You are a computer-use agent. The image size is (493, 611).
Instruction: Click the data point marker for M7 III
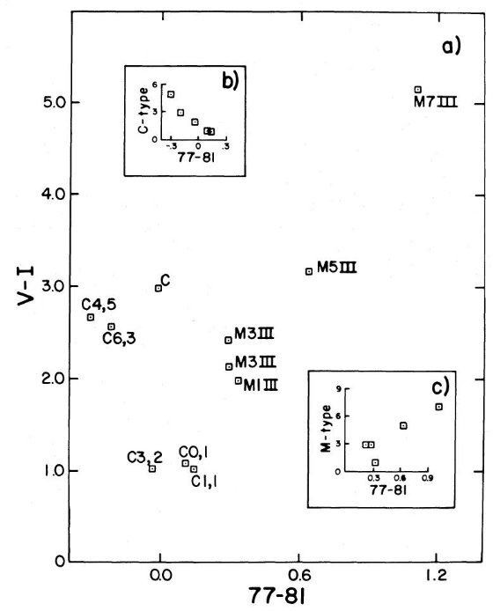tap(418, 90)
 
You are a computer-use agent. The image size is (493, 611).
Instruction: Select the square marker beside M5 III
tap(309, 271)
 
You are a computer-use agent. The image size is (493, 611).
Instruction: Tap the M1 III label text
tap(261, 386)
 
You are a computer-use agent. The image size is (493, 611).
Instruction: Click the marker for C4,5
tap(91, 317)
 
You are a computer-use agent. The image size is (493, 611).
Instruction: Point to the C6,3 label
tap(119, 339)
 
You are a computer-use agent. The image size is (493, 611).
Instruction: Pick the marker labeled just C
tap(158, 288)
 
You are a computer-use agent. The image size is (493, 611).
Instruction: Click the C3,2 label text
tap(144, 458)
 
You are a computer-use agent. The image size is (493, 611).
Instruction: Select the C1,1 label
tap(204, 482)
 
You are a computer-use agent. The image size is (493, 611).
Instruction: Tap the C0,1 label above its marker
tap(193, 453)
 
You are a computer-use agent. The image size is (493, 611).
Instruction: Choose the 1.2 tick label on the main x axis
tap(437, 575)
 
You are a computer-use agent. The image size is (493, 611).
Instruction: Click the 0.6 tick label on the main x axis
tap(298, 575)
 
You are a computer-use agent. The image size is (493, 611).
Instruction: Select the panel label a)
tap(452, 47)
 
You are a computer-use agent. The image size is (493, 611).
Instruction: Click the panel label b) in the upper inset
tap(230, 82)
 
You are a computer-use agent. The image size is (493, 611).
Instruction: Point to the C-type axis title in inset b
tap(143, 110)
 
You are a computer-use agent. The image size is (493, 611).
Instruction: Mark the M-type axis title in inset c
tap(327, 429)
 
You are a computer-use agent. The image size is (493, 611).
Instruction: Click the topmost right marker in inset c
tap(438, 407)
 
